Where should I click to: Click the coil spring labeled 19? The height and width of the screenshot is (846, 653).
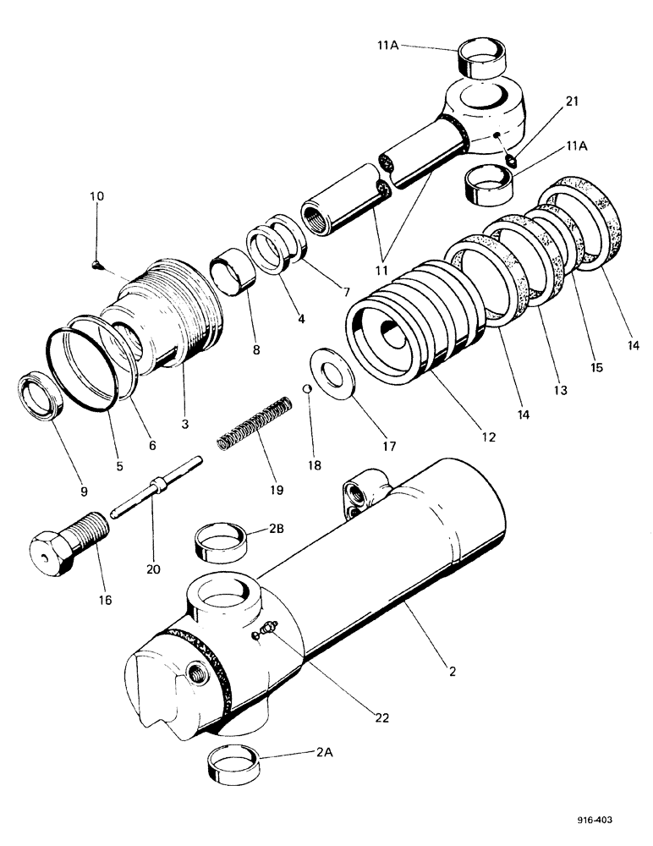click(x=255, y=424)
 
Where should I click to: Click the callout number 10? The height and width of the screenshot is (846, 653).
click(x=97, y=196)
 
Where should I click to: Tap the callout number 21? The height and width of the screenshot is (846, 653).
click(x=525, y=102)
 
